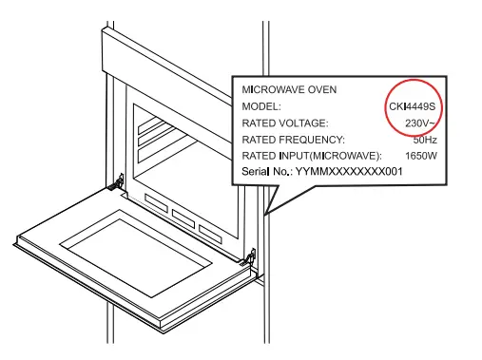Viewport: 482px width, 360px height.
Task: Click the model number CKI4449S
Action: (413, 105)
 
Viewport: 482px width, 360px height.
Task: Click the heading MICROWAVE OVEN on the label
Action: (290, 89)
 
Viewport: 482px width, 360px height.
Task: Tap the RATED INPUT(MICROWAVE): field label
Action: (311, 156)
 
